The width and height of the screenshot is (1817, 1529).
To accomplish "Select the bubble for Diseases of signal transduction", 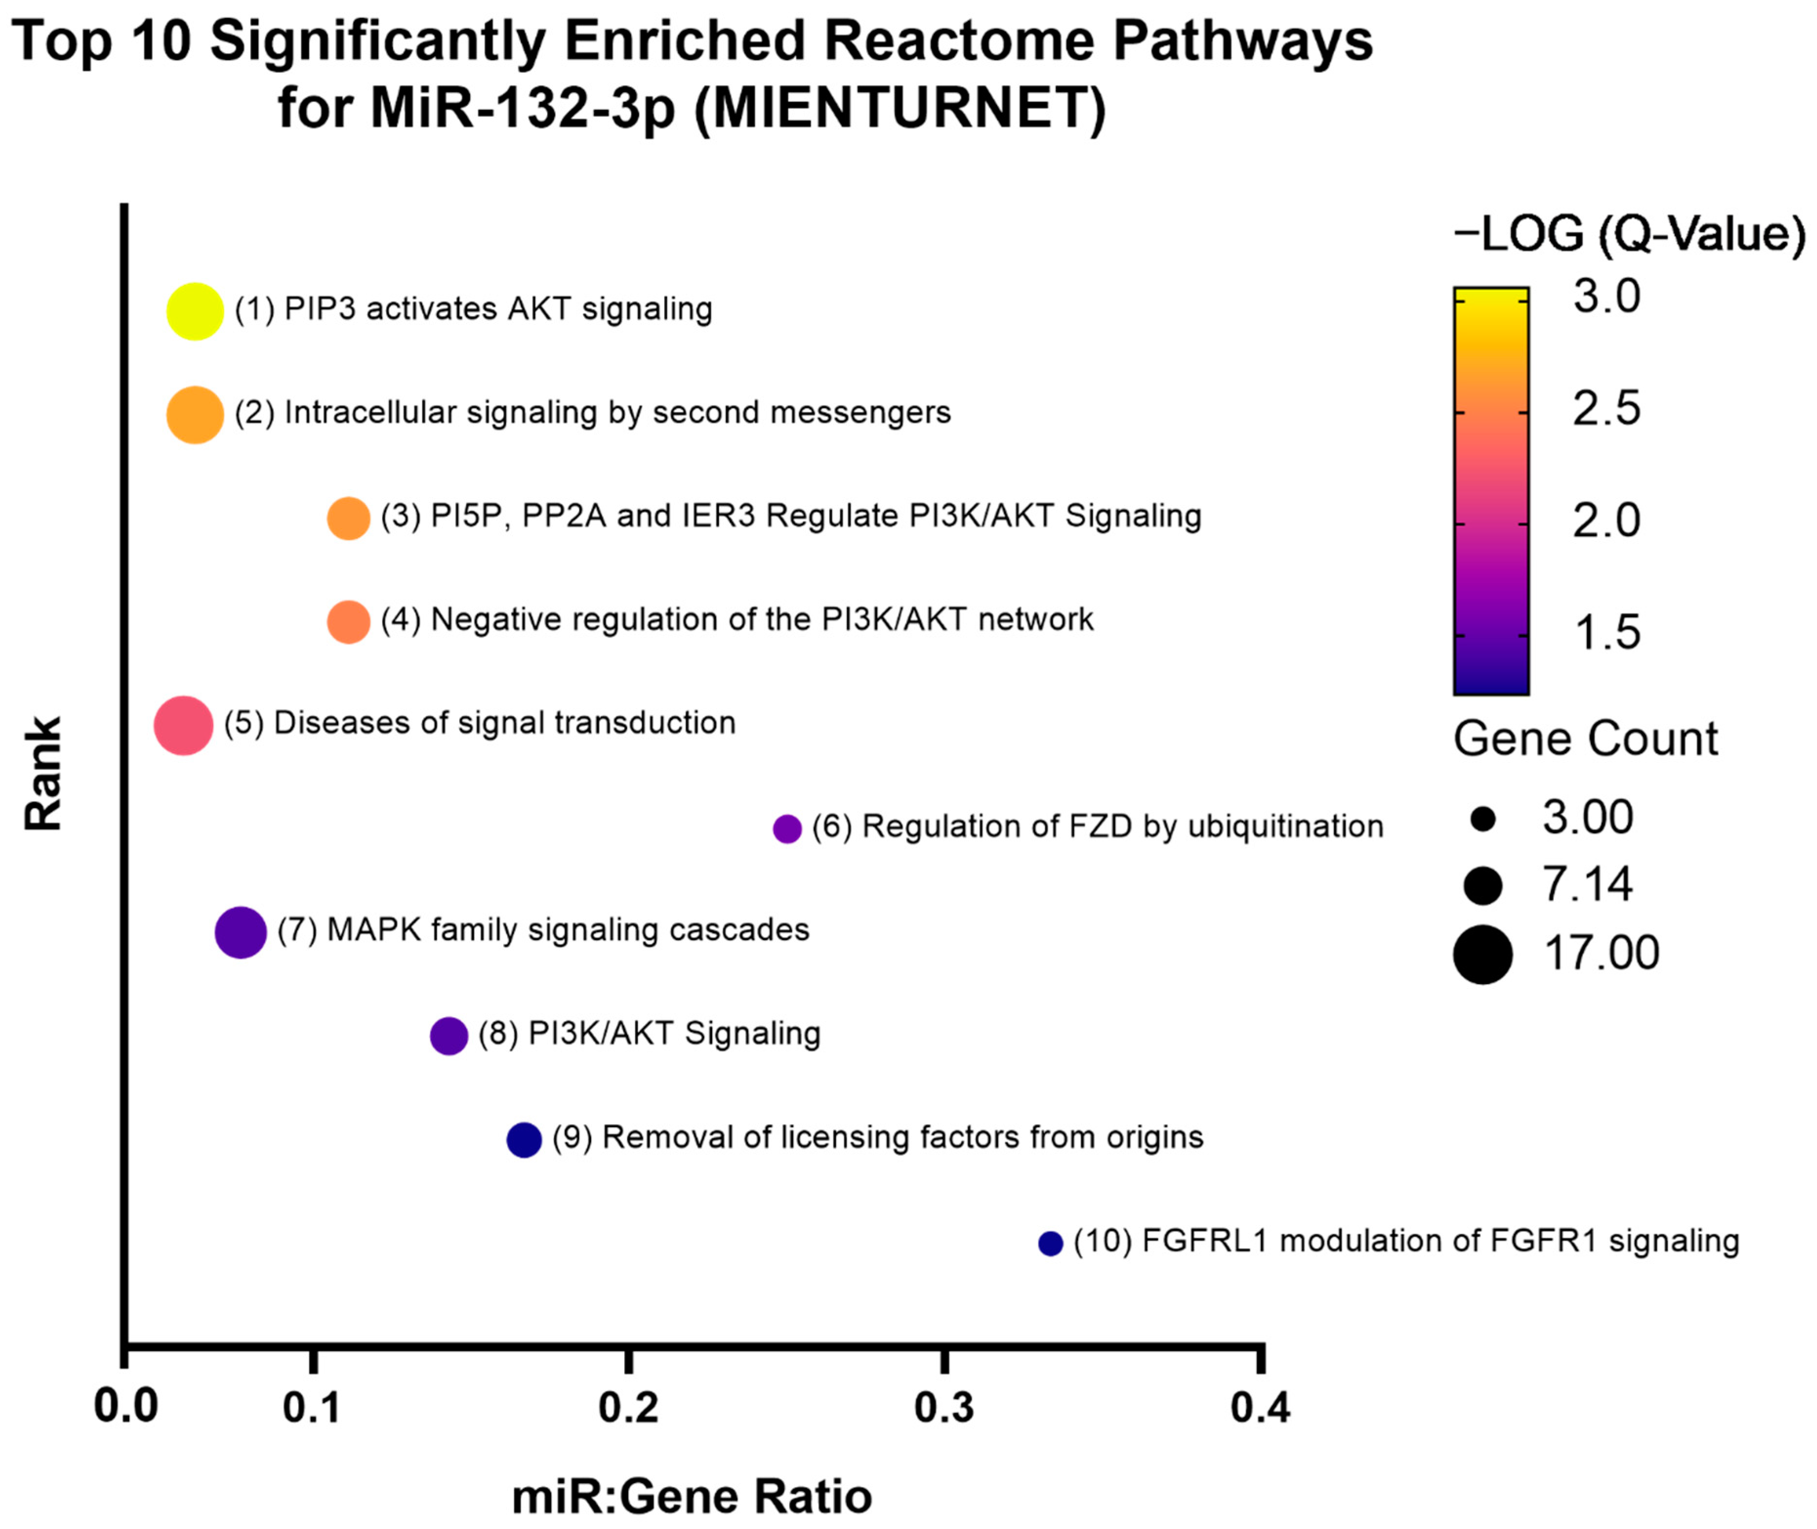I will click(183, 724).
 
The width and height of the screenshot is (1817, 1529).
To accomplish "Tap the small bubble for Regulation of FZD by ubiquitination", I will click(786, 828).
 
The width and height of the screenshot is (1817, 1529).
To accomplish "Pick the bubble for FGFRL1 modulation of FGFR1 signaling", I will click(1050, 1243).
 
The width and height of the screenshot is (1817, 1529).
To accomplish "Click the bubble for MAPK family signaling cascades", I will click(240, 933).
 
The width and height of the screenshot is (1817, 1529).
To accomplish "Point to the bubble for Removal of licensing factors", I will click(524, 1139).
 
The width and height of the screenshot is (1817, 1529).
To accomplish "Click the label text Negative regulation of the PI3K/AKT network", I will click(761, 620).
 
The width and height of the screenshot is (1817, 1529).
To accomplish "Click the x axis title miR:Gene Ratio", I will click(692, 1497).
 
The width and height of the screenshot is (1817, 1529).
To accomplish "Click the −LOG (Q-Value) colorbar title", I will click(1630, 234).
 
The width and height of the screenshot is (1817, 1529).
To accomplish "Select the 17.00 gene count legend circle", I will click(1483, 953).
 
